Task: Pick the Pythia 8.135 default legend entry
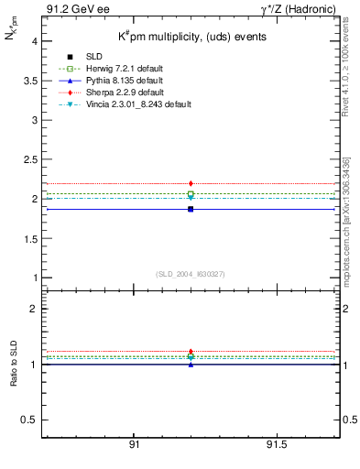(116, 81)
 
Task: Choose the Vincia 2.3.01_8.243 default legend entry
(134, 104)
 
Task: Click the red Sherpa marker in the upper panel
(191, 183)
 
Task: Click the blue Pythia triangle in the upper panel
(191, 209)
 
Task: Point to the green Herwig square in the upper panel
(191, 194)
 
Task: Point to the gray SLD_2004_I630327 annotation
(191, 273)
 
